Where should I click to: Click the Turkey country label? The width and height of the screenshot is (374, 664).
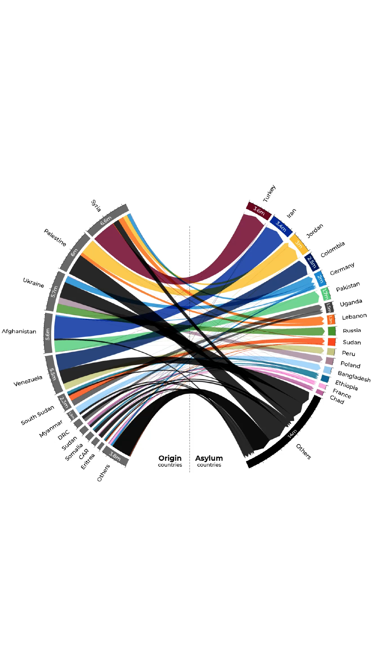(269, 194)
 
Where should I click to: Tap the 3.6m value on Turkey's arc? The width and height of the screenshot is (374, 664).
(259, 211)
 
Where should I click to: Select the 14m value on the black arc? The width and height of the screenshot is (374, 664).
(292, 433)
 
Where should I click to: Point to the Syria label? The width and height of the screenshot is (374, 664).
(96, 206)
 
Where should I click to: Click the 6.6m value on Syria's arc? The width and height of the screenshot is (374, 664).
(106, 221)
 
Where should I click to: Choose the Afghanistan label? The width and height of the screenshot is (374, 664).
(19, 331)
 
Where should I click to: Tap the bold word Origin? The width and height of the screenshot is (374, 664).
(170, 458)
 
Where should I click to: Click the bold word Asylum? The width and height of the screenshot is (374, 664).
(209, 458)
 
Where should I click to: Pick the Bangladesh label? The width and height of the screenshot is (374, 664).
(354, 376)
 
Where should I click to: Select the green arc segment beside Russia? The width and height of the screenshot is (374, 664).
(332, 331)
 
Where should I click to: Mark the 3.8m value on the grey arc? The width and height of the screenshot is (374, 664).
(115, 456)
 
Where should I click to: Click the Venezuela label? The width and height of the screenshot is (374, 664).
(28, 381)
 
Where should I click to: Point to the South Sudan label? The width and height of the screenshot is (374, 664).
(37, 415)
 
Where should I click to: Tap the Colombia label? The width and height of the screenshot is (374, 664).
(332, 250)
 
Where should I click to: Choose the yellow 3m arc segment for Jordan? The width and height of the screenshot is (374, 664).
(299, 244)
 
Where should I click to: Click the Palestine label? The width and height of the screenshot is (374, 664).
(55, 237)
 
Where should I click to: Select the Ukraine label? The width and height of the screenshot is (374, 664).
(34, 283)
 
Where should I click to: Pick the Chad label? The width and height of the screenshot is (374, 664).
(337, 400)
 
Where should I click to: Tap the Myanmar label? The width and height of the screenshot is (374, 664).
(51, 429)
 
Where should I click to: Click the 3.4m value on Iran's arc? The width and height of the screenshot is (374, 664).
(281, 226)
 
